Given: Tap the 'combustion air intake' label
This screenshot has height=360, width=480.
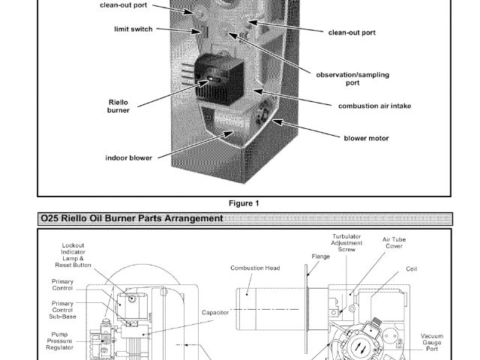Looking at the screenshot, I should click(374, 106).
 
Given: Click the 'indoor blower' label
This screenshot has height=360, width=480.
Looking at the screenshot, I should click(128, 158).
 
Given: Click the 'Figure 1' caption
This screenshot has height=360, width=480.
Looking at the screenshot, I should click(244, 203).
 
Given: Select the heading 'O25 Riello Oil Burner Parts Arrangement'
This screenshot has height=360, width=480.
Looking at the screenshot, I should click(131, 218).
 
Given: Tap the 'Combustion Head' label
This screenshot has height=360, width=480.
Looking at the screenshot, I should click(255, 268).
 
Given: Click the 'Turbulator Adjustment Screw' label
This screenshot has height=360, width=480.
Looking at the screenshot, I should click(347, 244).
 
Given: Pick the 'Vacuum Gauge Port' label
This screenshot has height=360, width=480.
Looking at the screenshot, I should click(433, 342).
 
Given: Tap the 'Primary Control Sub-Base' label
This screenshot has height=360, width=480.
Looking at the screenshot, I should click(63, 310).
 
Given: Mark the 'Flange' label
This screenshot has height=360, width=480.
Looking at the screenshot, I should click(321, 256).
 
